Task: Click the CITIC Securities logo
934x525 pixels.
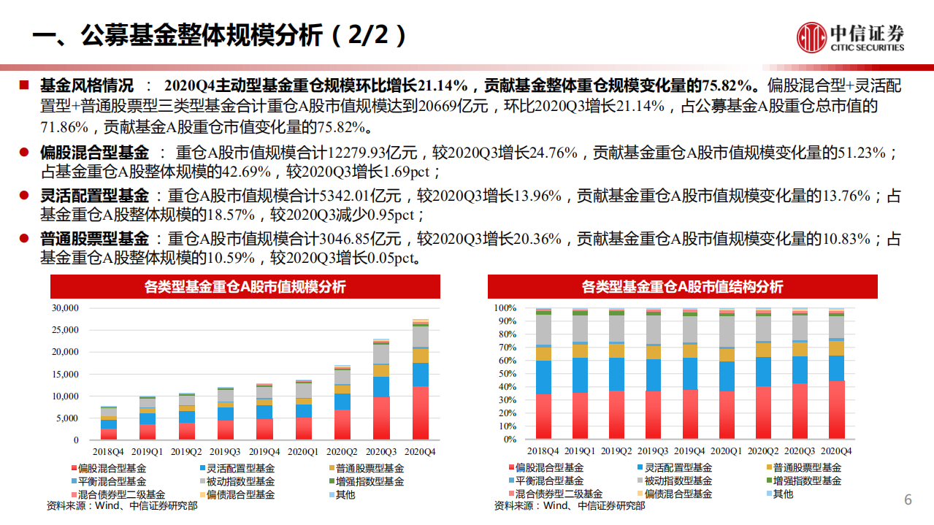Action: tap(850, 35)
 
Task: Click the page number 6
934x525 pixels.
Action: tap(908, 500)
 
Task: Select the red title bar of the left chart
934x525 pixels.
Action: tap(245, 287)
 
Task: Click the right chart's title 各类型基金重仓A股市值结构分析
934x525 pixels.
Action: tap(683, 287)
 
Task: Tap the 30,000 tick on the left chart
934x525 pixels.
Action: tap(65, 308)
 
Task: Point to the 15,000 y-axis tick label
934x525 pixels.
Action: tap(65, 375)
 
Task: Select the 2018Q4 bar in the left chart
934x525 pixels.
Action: tap(109, 424)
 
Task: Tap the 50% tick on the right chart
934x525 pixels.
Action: tap(506, 374)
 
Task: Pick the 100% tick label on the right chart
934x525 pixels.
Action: tap(505, 308)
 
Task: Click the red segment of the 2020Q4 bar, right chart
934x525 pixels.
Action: tap(836, 409)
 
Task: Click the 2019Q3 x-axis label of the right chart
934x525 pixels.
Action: tap(654, 451)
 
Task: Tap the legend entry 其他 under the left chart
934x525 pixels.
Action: tap(345, 494)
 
